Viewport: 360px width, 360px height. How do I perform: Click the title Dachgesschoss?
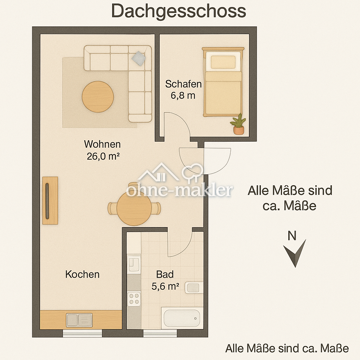179,11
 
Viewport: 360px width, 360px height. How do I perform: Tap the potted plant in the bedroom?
238,124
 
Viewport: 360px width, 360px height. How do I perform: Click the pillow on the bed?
223,62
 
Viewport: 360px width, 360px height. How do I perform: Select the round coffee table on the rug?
98,97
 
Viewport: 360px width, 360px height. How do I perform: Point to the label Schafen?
183,84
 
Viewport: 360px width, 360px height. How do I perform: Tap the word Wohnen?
102,144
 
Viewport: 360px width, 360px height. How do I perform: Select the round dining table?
134,208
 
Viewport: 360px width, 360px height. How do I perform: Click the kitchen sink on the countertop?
79,320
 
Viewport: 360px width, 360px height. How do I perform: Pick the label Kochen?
82,274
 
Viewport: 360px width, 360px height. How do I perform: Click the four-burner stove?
134,298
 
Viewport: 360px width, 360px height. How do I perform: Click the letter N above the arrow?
292,236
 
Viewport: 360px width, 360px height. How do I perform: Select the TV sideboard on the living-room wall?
50,200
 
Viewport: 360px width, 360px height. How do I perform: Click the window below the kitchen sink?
83,333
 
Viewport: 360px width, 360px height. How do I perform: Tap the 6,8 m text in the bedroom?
183,95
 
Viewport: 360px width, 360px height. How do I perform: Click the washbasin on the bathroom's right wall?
193,288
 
